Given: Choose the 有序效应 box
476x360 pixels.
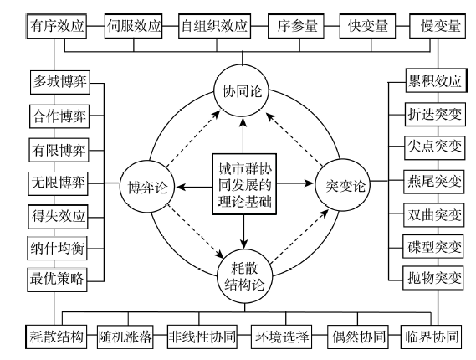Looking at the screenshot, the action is (56, 26).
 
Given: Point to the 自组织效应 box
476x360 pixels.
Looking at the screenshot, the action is (215, 26).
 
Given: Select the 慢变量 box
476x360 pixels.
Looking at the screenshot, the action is (438, 26).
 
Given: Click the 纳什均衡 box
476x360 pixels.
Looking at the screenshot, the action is (58, 248).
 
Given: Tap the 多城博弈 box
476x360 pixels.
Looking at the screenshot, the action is (60, 82).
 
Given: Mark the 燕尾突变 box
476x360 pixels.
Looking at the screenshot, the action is (434, 182).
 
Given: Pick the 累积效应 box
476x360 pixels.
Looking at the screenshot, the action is (436, 80).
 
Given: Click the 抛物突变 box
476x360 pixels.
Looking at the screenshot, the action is (433, 278).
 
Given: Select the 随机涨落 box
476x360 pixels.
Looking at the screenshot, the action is (125, 337).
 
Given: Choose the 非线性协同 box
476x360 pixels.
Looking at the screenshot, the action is (202, 337).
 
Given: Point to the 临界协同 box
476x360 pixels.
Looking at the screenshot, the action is (431, 337).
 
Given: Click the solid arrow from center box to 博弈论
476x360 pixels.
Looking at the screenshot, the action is (194, 187).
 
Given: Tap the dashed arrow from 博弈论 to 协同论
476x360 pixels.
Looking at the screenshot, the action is (193, 138).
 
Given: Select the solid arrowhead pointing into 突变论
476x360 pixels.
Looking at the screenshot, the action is (309, 183).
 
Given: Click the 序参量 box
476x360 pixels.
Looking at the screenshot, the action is (295, 26).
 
